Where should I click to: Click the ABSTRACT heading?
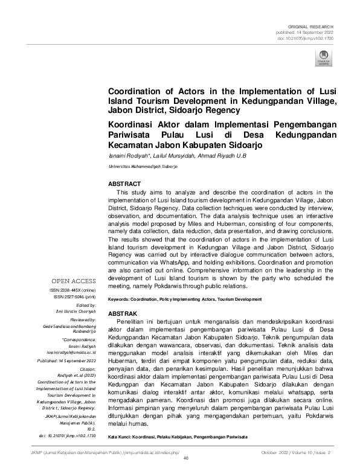point(124,184)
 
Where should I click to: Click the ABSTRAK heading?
point(123,315)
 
